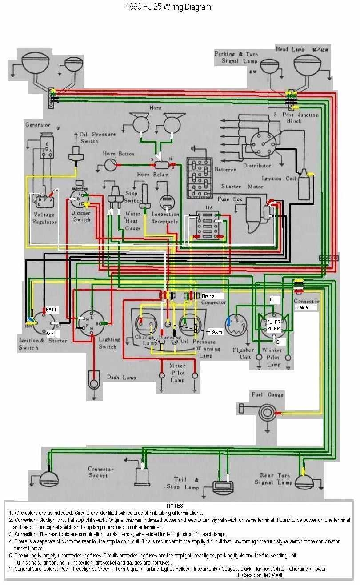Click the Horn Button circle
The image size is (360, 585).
click(109, 165)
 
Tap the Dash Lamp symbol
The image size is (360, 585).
click(93, 380)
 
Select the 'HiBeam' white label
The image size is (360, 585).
click(215, 331)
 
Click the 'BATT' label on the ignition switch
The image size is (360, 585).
click(51, 309)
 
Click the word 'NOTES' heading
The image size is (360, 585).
click(175, 505)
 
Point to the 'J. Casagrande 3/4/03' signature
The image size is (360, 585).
click(260, 574)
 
